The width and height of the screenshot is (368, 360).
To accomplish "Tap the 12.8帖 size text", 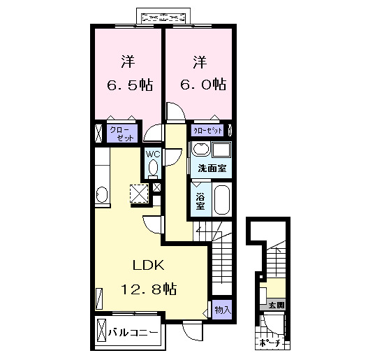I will point(148,289).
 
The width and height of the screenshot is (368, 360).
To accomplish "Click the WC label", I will point(152,155).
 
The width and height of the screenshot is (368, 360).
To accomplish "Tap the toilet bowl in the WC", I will point(152,167).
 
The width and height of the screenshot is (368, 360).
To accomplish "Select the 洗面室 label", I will point(211,168).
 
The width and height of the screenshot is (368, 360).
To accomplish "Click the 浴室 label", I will point(199,200).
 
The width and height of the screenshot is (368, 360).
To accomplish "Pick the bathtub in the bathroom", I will point(223,201).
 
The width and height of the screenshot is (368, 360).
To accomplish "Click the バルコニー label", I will point(132,333).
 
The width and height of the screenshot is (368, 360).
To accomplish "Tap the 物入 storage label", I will point(222,309).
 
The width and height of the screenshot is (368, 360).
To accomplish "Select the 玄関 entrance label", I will point(276,305).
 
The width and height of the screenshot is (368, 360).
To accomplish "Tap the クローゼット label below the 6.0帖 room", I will point(208,131).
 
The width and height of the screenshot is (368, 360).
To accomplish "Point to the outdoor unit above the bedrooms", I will point(164,16).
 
